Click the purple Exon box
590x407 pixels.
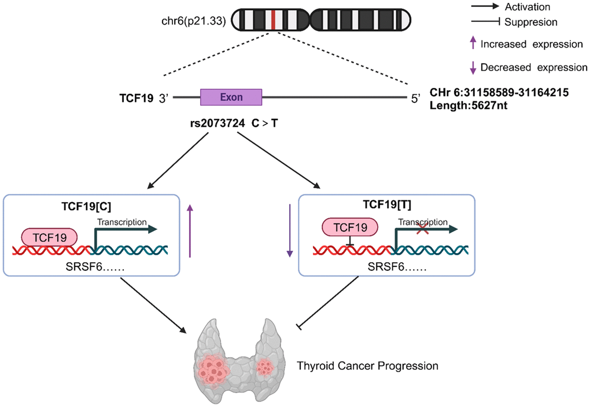231,97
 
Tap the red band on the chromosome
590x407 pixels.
272,20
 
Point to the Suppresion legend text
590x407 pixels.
531,22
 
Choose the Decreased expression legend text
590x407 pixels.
534,67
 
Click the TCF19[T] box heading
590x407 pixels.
386,204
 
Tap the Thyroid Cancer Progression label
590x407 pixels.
367,366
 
